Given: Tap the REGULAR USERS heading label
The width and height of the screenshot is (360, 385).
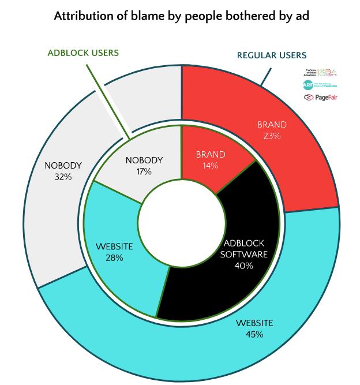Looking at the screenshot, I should tap(272, 55).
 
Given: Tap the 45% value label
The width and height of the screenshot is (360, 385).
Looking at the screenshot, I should tap(254, 334).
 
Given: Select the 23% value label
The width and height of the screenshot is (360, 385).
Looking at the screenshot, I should tap(272, 136).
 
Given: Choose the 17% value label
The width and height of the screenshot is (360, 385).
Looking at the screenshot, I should tap(144, 171).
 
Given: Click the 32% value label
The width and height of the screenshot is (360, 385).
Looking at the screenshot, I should tap(63, 177).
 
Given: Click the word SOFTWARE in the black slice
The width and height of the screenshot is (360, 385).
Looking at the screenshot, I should tap(246, 255).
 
